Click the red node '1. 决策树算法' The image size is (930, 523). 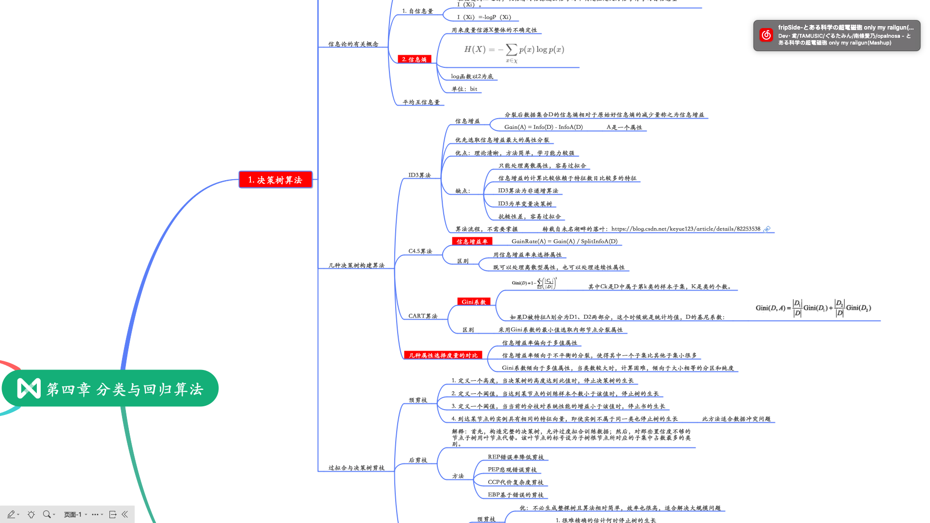click(275, 180)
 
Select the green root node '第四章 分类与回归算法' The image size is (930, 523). click(110, 388)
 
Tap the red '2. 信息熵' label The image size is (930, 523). click(414, 60)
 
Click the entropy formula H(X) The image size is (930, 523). click(514, 50)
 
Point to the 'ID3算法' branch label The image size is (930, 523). click(419, 175)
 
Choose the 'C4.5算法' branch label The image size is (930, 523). click(420, 251)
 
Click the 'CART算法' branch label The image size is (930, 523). click(422, 316)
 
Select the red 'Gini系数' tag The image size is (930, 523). click(473, 302)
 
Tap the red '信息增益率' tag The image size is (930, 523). click(472, 242)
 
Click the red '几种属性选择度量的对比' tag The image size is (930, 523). click(443, 355)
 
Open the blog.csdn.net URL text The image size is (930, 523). click(685, 229)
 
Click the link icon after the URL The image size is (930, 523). click(767, 229)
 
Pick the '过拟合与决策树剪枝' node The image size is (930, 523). click(356, 468)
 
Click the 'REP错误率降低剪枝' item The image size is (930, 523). click(515, 457)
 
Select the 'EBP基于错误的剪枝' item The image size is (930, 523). click(515, 495)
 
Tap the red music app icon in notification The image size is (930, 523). click(766, 35)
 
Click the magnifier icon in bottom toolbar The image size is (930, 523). click(46, 514)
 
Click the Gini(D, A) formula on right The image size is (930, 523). click(813, 308)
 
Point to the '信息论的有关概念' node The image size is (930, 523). click(353, 44)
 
